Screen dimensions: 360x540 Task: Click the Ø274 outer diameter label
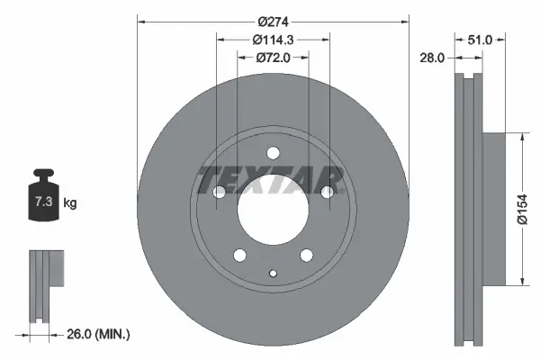pyautogui.click(x=271, y=21)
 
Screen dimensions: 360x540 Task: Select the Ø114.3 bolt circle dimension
pyautogui.click(x=271, y=40)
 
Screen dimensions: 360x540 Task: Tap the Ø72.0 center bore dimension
pyautogui.click(x=271, y=57)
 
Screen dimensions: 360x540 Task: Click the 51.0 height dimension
pyautogui.click(x=481, y=40)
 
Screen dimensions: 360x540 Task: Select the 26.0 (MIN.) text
pyautogui.click(x=100, y=334)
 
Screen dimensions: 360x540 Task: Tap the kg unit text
pyautogui.click(x=70, y=203)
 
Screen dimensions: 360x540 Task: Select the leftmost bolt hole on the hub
pyautogui.click(x=220, y=191)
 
